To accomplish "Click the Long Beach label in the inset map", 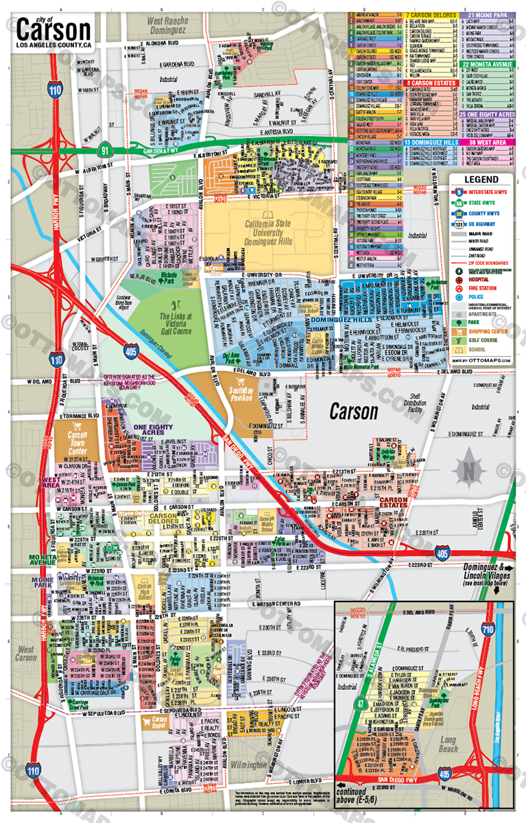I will [447, 745].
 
